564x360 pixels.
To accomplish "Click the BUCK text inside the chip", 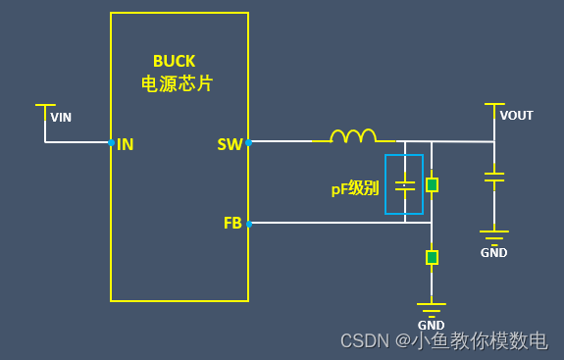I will point(175,61).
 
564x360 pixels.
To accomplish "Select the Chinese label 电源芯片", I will point(177,84).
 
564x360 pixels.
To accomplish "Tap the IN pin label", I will point(126,144).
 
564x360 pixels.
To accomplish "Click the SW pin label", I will point(230,144).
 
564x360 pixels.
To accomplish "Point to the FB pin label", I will point(232,224).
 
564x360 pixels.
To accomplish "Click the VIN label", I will point(61,118).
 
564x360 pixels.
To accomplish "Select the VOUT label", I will point(516,116).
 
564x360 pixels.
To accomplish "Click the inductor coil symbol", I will point(353,136).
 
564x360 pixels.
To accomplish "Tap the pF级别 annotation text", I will point(354,188).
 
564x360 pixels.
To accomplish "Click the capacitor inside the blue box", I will point(404,184).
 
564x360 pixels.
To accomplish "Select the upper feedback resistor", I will point(432,184).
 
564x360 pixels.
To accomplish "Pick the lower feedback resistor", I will point(432,257).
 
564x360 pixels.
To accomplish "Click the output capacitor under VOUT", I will point(494,178).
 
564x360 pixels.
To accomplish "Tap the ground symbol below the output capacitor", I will point(494,236).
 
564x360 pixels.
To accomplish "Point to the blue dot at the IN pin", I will point(111,143).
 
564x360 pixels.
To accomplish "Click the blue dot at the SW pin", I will point(248,143).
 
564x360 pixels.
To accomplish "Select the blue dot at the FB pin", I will point(248,224).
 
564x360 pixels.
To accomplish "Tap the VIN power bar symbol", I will point(45,105).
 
